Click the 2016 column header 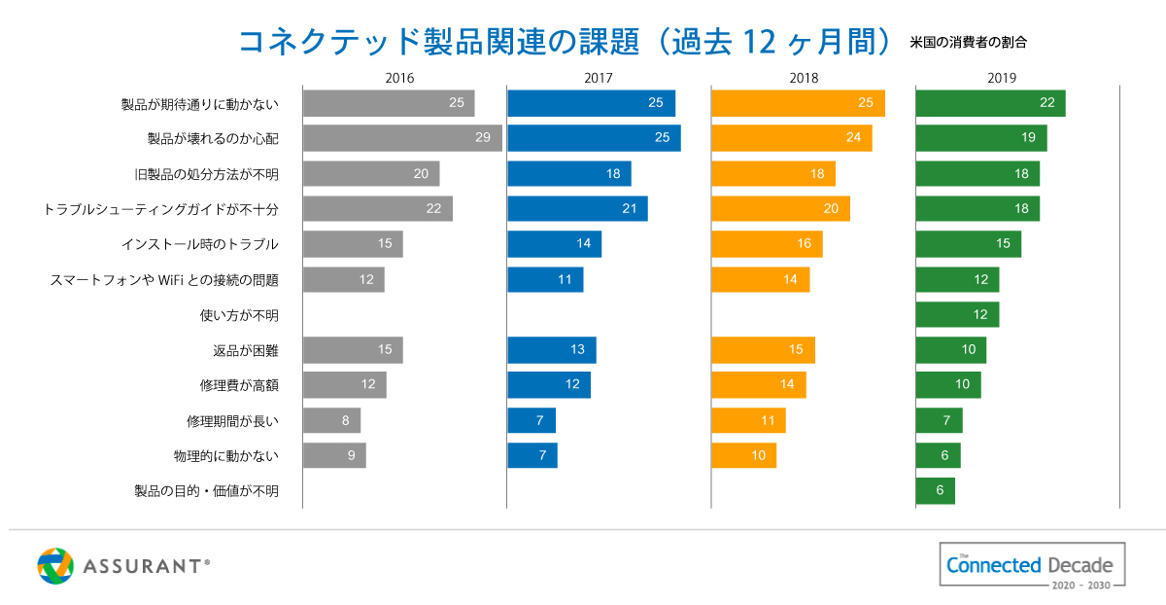(x=399, y=78)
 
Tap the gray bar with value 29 (x=402, y=138)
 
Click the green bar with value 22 (x=990, y=103)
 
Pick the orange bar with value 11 (x=748, y=420)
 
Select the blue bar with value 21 (x=577, y=208)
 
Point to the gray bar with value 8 (x=331, y=420)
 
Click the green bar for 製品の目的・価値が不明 (x=935, y=490)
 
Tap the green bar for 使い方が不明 (x=957, y=314)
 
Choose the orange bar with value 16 (x=767, y=244)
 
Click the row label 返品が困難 (x=246, y=350)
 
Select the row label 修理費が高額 (x=239, y=385)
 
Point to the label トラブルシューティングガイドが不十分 (x=161, y=209)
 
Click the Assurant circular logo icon (x=55, y=566)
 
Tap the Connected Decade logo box (x=1032, y=565)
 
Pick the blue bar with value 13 (x=551, y=350)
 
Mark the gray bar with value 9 (x=334, y=455)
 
